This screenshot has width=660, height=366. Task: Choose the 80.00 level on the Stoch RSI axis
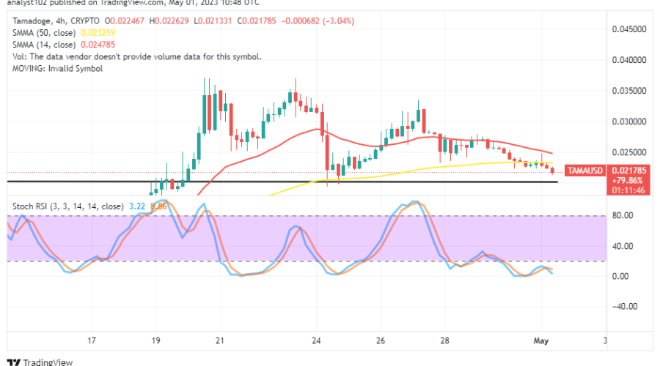point(623,216)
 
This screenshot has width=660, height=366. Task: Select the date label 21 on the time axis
point(220,340)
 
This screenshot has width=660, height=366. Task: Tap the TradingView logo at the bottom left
point(37,362)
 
